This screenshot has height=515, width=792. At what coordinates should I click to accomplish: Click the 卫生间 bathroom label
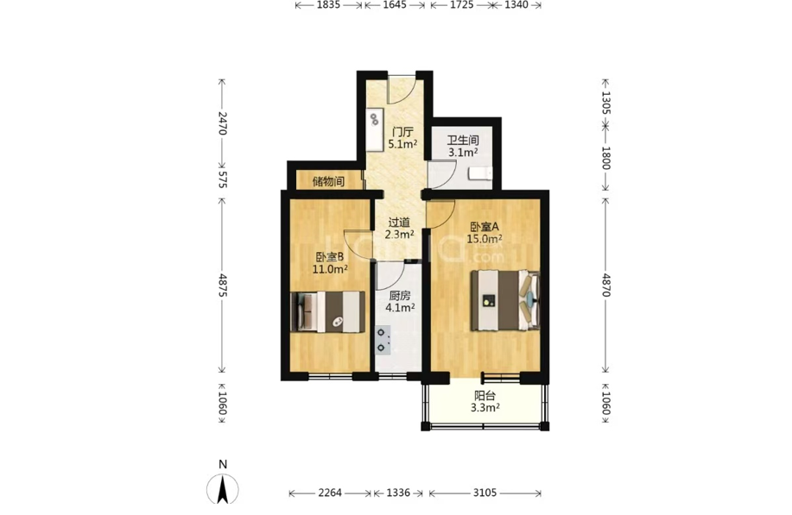tap(463, 140)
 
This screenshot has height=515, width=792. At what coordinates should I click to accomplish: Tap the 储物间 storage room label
tap(328, 181)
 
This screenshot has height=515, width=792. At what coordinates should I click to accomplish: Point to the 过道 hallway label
tap(399, 222)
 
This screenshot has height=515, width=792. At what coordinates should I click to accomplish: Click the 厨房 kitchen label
tap(400, 295)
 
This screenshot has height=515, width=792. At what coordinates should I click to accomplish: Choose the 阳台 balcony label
tap(485, 396)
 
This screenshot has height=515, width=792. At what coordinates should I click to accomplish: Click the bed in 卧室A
tap(505, 300)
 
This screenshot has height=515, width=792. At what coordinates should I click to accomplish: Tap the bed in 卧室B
tap(327, 311)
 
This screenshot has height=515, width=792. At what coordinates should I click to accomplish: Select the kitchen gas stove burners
tap(383, 340)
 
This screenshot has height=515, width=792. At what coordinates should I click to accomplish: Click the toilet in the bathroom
tap(480, 173)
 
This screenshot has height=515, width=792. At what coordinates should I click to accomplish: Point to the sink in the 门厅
tap(374, 119)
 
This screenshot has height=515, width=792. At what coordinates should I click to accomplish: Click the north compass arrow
tap(223, 489)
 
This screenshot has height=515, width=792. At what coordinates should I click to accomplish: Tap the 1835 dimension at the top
tap(329, 5)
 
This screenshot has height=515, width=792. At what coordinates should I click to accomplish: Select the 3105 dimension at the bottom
tap(485, 493)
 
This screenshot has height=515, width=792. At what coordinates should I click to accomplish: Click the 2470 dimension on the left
tap(222, 123)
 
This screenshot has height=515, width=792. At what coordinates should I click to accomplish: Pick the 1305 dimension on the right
tap(606, 103)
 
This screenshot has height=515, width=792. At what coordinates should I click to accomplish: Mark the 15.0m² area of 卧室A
tap(484, 239)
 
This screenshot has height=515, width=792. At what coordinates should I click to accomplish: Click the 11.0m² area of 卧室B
tap(330, 269)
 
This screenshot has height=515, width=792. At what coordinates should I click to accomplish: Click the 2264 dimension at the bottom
tap(330, 493)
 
